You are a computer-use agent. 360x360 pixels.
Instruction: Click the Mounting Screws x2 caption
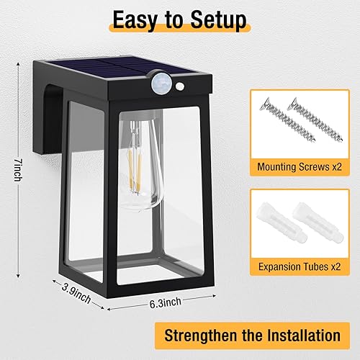pyautogui.click(x=300, y=167)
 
